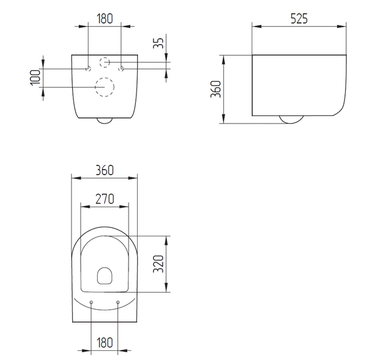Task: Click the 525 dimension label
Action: click(299, 19)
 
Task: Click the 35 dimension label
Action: click(158, 44)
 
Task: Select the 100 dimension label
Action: click(35, 78)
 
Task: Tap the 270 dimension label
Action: click(104, 199)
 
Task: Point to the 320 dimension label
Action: click(158, 264)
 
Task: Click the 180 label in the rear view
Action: click(104, 19)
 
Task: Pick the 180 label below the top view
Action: click(104, 342)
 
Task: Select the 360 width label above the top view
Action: click(104, 170)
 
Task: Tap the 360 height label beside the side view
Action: click(215, 89)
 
